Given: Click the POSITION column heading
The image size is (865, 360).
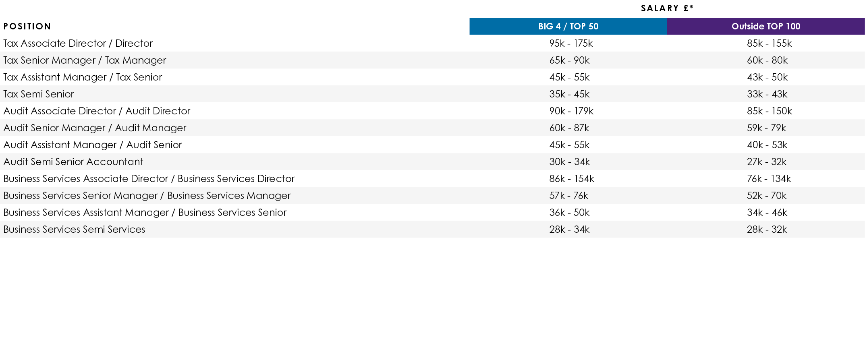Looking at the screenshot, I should point(27,27).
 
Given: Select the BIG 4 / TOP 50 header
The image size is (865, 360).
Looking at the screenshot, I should point(568,27).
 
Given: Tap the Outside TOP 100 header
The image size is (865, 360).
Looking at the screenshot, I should point(765,27).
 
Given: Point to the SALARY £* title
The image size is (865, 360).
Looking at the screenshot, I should point(667,8).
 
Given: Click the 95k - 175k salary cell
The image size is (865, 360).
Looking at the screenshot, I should point(571,43).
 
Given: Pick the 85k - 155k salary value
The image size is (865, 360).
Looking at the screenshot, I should point(769,43).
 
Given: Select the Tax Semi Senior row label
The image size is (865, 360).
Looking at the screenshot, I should point(39,94).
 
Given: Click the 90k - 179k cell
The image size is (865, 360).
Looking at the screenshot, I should point(571,111).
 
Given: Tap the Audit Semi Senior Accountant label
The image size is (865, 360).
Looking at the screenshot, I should point(73,162).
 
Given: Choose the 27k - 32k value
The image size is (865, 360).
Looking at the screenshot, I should point(767,162).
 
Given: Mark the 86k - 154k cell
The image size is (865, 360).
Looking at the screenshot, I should point(572,179).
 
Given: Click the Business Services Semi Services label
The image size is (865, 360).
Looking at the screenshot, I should point(74,230).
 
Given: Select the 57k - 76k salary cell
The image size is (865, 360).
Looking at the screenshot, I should point(568,196).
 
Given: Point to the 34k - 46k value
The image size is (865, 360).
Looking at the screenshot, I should point(767,213).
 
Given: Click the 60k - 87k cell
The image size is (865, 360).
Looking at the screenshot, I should point(569,128).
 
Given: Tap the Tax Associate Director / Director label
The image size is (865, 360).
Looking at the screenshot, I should point(78,43).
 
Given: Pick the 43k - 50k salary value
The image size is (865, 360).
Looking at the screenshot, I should point(767,77).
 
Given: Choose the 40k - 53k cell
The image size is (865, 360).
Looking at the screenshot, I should point(767,145).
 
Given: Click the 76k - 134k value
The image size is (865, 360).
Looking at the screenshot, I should point(769,179).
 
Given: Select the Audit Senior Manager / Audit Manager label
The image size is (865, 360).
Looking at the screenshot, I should point(95,128).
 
